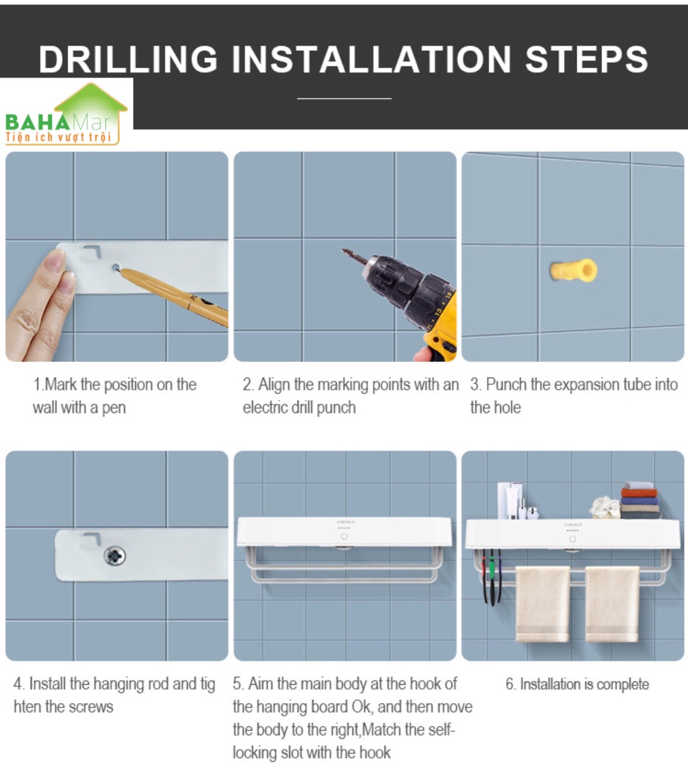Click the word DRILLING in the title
pyautogui.click(x=128, y=59)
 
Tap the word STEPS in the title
pyautogui.click(x=587, y=59)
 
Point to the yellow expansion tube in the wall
pyautogui.click(x=573, y=270)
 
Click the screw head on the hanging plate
pyautogui.click(x=115, y=555)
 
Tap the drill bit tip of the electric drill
pyautogui.click(x=344, y=251)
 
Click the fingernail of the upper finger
pyautogui.click(x=56, y=260)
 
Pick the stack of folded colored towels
pyautogui.click(x=641, y=500)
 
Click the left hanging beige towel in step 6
pyautogui.click(x=542, y=604)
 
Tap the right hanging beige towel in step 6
pyautogui.click(x=612, y=604)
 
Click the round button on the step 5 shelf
pyautogui.click(x=344, y=537)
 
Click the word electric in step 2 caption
pyautogui.click(x=265, y=407)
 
